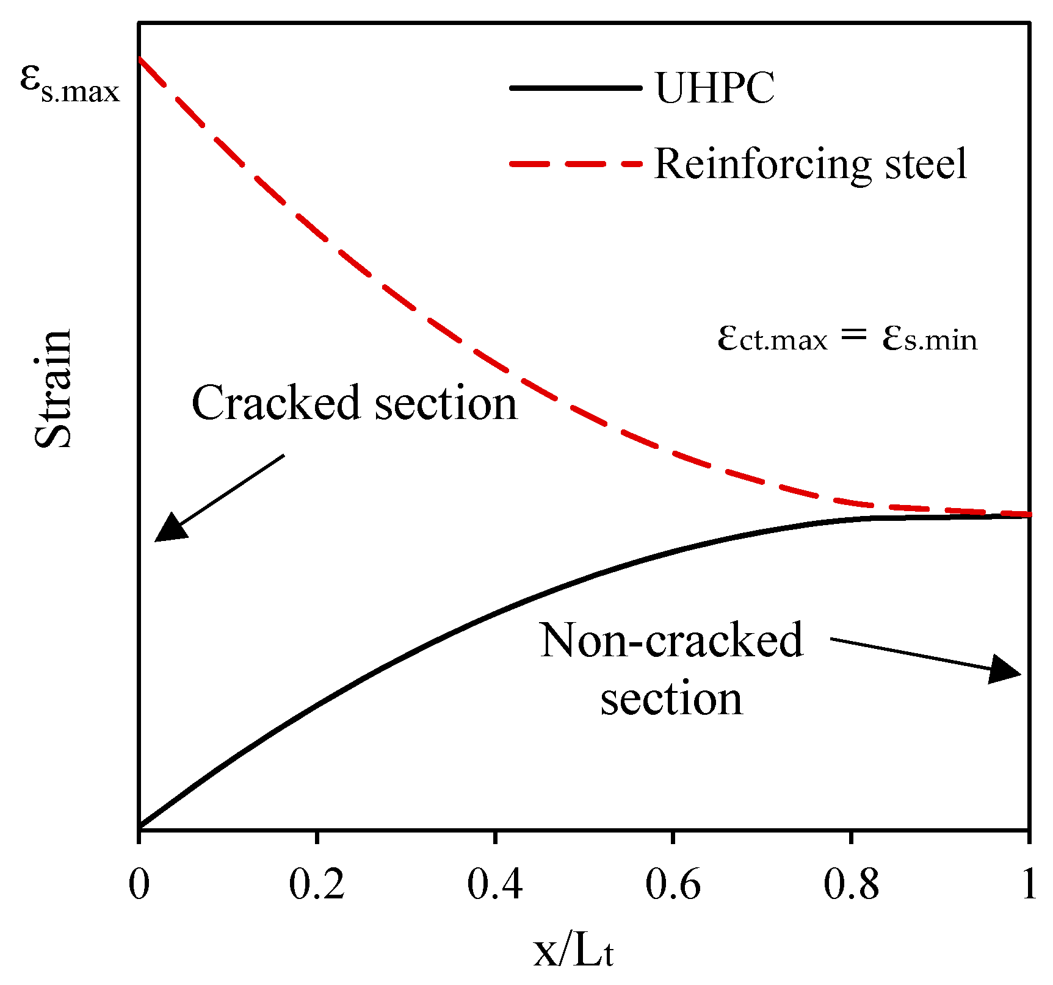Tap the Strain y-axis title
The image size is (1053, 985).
pos(54,389)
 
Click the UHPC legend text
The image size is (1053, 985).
pos(715,88)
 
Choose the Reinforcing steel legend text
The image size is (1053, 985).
pos(811,164)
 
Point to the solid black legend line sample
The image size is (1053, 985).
pos(576,88)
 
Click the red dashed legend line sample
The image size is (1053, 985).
pos(576,164)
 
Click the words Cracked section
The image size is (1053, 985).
pos(355,403)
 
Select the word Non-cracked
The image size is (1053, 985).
pos(671,640)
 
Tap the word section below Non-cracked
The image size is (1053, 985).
pos(671,698)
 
